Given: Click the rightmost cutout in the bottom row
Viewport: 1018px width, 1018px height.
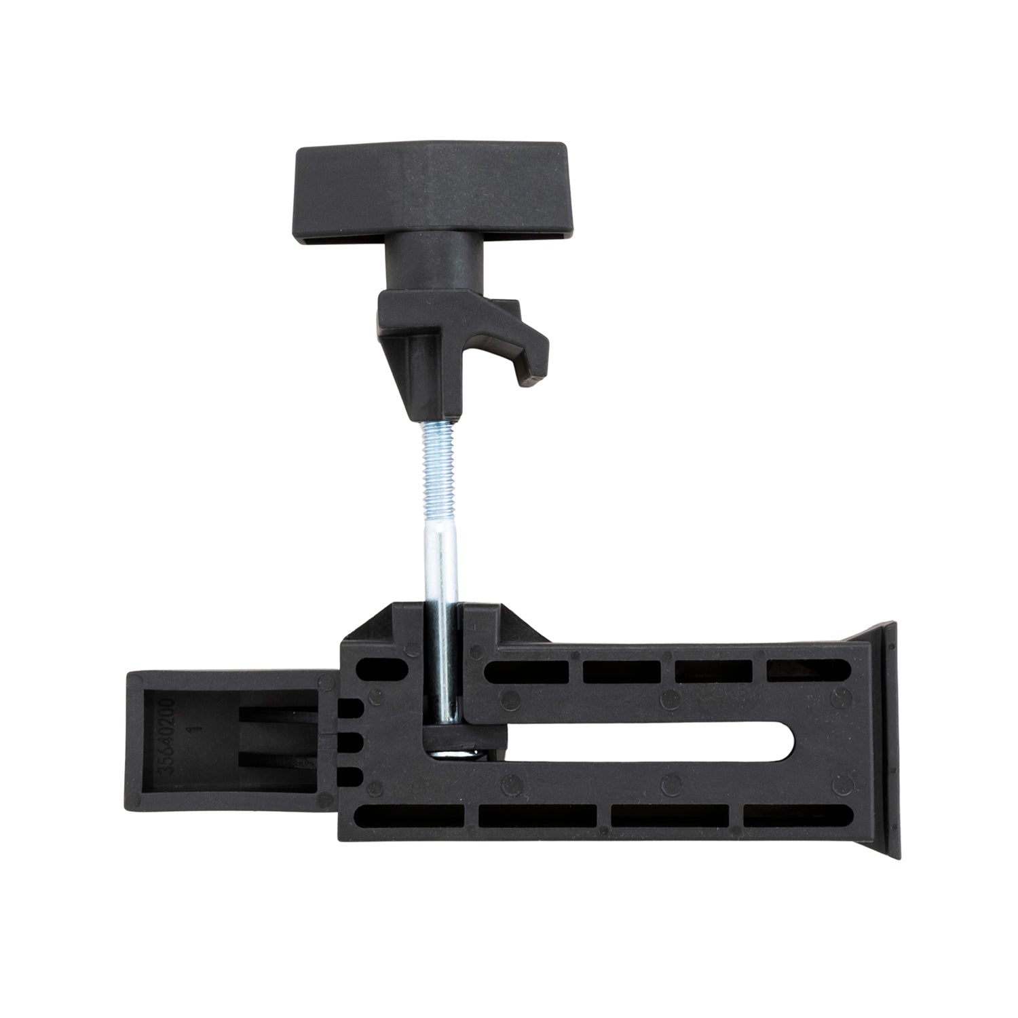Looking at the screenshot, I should pos(798,815).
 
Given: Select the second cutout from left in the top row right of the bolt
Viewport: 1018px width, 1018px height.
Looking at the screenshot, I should pos(622,672).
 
